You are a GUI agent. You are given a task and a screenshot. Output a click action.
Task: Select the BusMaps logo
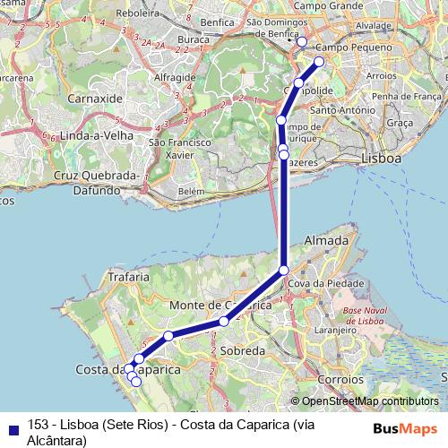406,428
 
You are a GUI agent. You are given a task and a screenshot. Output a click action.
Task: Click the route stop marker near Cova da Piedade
284,270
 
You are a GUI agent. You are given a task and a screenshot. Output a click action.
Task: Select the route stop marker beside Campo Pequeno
319,62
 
